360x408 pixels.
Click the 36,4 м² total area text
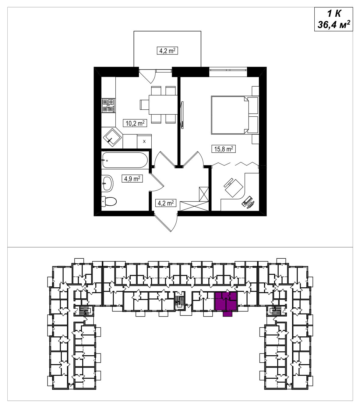point(334,25)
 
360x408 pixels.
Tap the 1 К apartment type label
point(334,14)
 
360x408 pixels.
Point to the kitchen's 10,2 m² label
point(135,123)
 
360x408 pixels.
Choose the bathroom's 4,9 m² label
point(132,179)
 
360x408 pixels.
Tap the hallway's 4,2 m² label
point(166,203)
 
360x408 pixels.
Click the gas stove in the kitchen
point(109,105)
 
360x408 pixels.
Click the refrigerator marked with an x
point(144,141)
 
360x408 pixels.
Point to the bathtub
point(125,160)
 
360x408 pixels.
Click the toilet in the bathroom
point(109,201)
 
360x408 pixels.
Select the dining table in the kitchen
point(163,105)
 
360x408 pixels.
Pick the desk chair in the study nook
point(234,187)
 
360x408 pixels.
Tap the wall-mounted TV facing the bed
point(182,115)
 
